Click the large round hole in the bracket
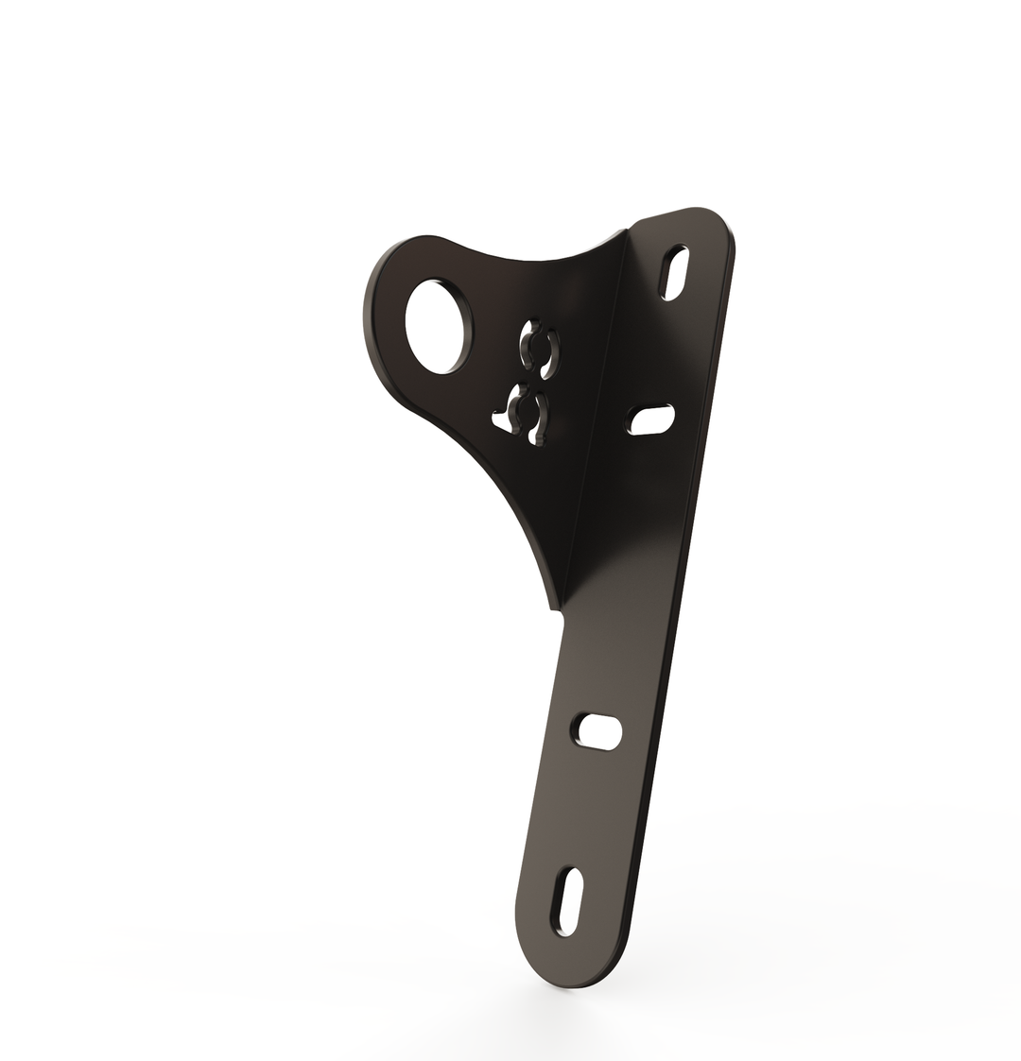[434, 326]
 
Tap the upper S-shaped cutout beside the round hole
[538, 350]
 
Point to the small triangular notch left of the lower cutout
[496, 416]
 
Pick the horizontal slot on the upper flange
[650, 419]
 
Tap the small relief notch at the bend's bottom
[557, 614]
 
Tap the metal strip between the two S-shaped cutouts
[529, 380]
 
